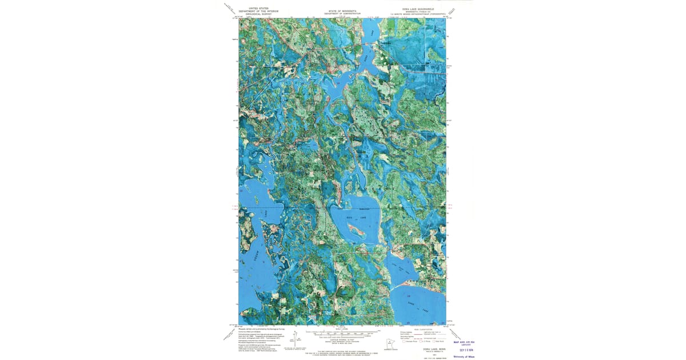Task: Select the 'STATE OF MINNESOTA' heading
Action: [x=342, y=11]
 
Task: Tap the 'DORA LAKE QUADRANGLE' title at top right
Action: [x=418, y=9]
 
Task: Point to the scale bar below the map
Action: [x=342, y=332]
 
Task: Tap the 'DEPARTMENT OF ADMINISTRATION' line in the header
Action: [x=342, y=14]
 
